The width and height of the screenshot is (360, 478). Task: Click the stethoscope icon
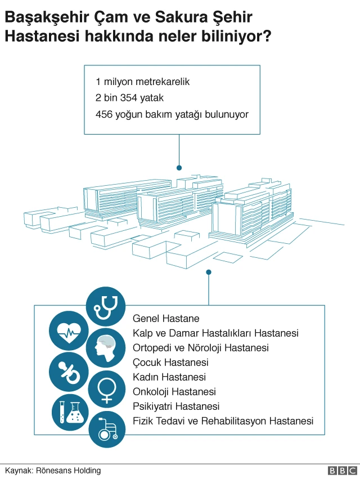point(106,306)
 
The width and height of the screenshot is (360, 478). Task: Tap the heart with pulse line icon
point(69,330)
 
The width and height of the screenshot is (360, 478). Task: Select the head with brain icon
point(106,348)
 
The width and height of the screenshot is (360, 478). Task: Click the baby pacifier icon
point(69,372)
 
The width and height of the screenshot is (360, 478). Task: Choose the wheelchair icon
point(107,430)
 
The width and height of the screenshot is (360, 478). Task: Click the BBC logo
point(343,470)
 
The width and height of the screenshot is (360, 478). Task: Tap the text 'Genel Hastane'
point(166,319)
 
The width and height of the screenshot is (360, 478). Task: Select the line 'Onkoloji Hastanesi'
point(174,392)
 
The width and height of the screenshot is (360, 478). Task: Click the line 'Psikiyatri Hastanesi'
point(176,406)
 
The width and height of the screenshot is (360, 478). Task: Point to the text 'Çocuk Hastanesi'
point(170,363)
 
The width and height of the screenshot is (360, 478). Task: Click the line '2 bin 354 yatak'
point(129,98)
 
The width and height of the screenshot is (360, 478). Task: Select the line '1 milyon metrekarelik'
point(142,82)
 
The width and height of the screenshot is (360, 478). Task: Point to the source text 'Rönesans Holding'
point(68,470)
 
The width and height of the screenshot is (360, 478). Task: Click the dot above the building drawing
point(179,168)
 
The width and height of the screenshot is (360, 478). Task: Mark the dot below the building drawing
point(209,272)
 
